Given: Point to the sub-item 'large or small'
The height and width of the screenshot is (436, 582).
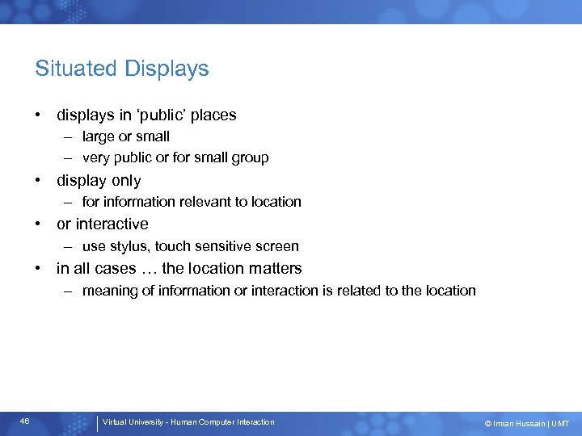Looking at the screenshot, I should point(125,137).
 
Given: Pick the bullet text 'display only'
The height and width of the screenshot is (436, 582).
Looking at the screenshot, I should point(99,181).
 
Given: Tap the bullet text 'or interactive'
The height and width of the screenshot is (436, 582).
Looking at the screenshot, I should point(103,224).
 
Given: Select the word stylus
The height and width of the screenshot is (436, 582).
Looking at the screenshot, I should point(130,246).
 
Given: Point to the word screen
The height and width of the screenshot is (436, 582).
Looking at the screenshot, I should point(277,246).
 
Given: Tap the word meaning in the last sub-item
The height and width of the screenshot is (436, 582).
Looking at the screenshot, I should point(108,291).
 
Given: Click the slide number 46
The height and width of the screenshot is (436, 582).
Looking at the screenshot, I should point(24,421).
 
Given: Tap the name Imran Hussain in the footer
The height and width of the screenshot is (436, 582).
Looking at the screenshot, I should point(519,424).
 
